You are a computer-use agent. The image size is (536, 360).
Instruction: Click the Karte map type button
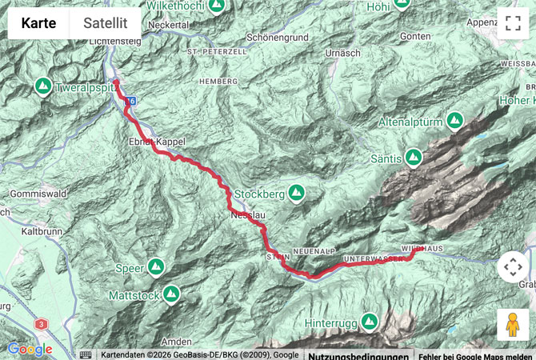coord(38,23)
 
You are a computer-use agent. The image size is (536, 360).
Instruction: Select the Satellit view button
coord(106,23)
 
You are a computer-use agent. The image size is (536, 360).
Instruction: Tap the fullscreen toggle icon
coord(513,23)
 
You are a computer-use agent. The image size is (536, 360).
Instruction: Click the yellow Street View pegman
coord(513,325)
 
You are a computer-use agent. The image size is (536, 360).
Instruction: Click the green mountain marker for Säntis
coord(413,158)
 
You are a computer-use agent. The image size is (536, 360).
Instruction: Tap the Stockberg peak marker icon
coord(297,192)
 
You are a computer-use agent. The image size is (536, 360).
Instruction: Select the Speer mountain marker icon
coord(156,266)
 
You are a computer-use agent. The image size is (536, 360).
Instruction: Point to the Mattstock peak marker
coord(171,294)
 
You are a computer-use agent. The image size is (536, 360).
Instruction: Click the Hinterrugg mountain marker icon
coord(369,322)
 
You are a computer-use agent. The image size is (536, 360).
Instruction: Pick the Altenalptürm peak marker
coord(455,120)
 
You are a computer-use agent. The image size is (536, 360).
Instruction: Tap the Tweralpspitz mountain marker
coord(42,86)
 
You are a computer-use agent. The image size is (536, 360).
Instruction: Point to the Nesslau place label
coord(245,215)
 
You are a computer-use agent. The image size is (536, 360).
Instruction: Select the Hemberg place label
coord(222,82)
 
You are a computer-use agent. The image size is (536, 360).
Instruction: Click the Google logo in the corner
coord(30,350)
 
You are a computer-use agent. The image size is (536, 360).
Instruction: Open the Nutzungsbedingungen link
coord(347,355)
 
